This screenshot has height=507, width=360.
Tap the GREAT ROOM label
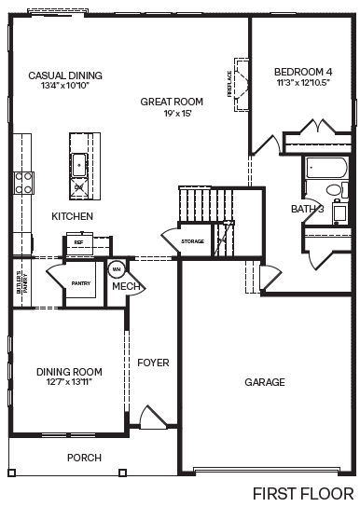(172, 102)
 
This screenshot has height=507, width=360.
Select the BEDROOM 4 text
(303, 72)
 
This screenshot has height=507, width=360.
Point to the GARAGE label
(265, 382)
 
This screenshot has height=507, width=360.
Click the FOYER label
(152, 362)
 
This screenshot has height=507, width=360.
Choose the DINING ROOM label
(67, 373)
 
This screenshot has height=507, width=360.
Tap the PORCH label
(84, 458)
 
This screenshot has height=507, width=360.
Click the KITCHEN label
(72, 216)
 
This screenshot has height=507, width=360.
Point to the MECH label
(126, 286)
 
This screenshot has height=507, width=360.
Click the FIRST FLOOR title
(303, 492)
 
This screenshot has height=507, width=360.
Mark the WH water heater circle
(117, 269)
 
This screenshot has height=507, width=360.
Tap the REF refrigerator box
(78, 242)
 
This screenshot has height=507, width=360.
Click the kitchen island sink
(80, 166)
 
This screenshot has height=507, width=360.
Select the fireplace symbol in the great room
(240, 82)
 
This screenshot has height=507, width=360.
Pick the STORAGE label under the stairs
(193, 241)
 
